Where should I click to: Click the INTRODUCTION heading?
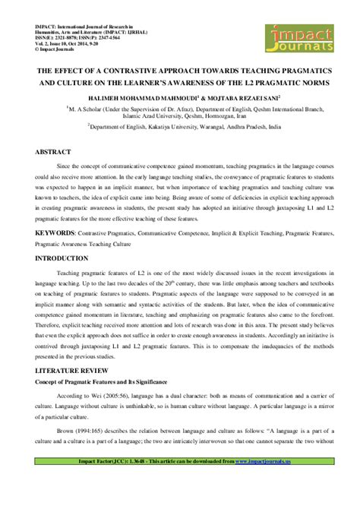coord(51,258)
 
